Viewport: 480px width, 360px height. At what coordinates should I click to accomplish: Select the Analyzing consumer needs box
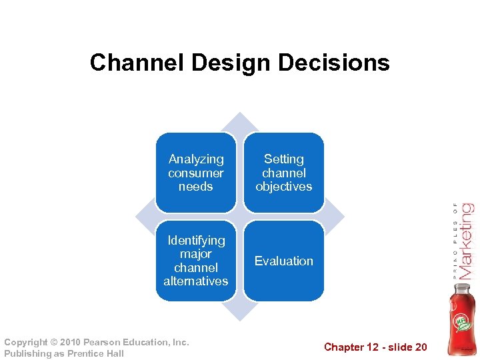click(x=195, y=173)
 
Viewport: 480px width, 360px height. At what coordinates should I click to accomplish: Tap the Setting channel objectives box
click(x=283, y=173)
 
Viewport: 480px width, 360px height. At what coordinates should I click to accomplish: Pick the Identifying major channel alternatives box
click(x=195, y=261)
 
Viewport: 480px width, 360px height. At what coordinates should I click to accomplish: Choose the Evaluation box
click(x=283, y=261)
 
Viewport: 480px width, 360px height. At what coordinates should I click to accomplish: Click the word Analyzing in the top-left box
click(x=196, y=159)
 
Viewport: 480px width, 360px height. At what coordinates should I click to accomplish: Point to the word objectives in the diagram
click(x=283, y=187)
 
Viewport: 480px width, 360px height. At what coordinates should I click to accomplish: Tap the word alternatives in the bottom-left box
click(x=195, y=281)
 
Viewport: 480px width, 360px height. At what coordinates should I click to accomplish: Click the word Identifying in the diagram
click(x=196, y=240)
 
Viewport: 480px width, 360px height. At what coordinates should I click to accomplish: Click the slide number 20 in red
click(x=420, y=347)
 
